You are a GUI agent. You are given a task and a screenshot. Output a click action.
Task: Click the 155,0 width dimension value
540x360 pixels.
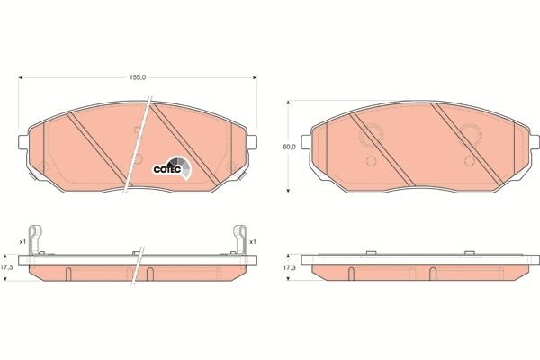coord(136,78)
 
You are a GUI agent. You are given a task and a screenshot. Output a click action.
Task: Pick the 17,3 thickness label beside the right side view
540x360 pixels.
coord(289,266)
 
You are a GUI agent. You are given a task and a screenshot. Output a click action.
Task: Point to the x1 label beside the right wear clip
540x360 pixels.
coord(254,241)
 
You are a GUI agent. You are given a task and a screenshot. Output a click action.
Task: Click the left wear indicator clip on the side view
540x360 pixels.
coord(34,239)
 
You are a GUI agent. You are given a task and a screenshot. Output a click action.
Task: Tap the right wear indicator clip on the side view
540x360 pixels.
coord(240,239)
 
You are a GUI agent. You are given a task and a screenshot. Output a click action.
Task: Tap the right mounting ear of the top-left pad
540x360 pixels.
coord(255,140)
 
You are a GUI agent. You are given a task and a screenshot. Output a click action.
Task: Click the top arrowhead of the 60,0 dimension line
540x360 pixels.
coord(287,100)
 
